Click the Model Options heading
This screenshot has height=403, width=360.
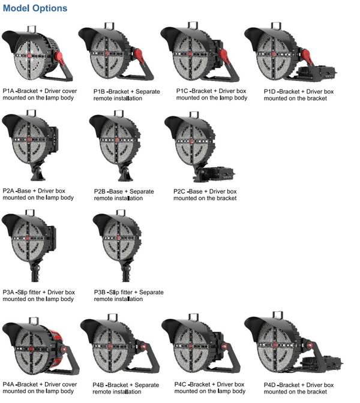tap(35, 9)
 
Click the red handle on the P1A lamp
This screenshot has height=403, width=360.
tap(60, 58)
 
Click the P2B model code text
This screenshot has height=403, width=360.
tap(101, 191)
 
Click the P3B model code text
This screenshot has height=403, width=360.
tap(101, 292)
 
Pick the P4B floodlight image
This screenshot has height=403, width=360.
tap(114, 348)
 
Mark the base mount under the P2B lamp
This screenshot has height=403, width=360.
tap(125, 174)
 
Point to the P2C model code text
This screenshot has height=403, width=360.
tap(181, 191)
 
